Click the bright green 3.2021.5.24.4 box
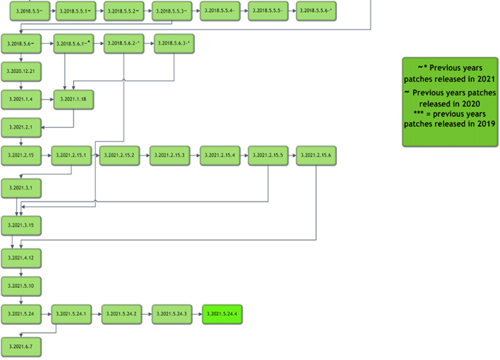(222, 315)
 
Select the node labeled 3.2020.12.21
(21, 71)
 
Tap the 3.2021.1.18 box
(74, 99)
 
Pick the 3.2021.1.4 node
(21, 99)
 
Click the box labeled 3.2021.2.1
(21, 127)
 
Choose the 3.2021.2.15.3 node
(172, 155)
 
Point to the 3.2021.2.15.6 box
(317, 155)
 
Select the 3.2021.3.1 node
(21, 187)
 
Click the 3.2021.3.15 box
(21, 225)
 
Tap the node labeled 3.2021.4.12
(21, 257)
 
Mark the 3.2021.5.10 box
(21, 286)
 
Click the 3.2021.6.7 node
(21, 347)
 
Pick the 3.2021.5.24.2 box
(121, 315)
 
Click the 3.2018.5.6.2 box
(124, 45)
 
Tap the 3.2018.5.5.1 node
(75, 11)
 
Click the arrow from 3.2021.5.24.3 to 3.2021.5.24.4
(197, 315)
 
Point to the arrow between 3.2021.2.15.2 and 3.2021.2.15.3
(145, 155)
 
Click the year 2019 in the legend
(487, 124)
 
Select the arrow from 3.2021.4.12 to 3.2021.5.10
(13, 271)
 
